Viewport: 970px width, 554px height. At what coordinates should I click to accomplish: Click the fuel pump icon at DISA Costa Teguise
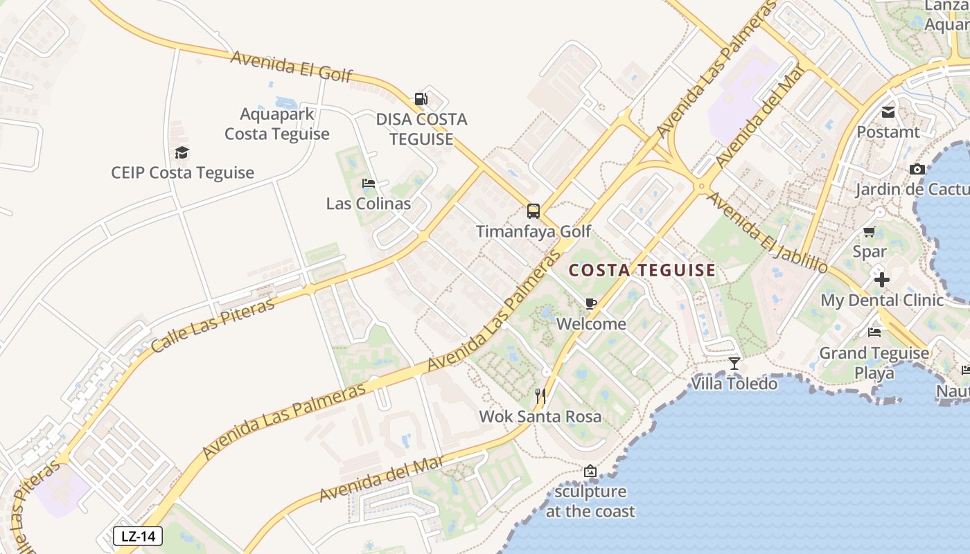[x=421, y=99]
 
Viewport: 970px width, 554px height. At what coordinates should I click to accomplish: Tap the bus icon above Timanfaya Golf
[x=533, y=211]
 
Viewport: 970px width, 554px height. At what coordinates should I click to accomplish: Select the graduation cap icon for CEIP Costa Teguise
[x=182, y=153]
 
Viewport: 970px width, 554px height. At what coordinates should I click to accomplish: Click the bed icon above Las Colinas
[x=369, y=184]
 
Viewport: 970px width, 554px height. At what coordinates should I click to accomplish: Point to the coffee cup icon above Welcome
[x=591, y=303]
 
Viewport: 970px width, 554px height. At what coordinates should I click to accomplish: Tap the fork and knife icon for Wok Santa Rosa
[x=541, y=396]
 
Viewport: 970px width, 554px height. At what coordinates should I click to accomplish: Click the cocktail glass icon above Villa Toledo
[x=734, y=363]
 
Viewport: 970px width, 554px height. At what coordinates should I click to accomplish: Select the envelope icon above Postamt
[x=888, y=111]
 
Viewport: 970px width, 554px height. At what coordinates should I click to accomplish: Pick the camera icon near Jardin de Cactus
[x=917, y=169]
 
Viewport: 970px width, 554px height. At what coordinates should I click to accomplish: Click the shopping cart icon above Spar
[x=870, y=231]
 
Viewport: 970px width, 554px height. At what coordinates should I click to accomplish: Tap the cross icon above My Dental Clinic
[x=882, y=280]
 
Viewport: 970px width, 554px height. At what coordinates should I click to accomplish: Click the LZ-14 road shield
[x=138, y=536]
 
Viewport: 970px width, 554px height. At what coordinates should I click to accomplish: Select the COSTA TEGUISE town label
[x=642, y=271]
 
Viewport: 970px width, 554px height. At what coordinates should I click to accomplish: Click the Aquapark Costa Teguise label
[x=277, y=124]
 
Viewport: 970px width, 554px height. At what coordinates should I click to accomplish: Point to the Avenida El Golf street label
[x=292, y=66]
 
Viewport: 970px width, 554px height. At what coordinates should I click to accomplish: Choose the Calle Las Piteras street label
[x=213, y=327]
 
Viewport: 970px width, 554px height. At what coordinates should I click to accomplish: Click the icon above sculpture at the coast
[x=590, y=472]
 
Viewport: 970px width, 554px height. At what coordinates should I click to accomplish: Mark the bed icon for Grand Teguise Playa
[x=874, y=332]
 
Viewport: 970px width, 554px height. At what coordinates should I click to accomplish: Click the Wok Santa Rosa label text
[x=540, y=417]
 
